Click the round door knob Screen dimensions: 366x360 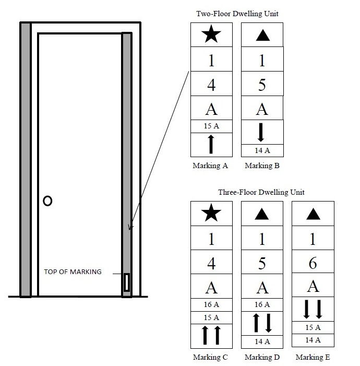[47, 201]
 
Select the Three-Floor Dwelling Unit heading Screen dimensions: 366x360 [261, 192]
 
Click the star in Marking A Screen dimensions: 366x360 [211, 36]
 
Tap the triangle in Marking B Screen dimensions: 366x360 [262, 36]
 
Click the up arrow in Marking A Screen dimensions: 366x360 [211, 144]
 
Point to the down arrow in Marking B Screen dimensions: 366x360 [262, 132]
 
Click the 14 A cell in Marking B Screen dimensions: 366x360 [262, 151]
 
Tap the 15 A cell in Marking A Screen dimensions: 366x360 [211, 126]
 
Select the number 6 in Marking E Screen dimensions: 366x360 [313, 263]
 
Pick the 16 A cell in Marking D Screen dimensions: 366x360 [262, 304]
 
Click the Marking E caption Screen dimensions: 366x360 [313, 358]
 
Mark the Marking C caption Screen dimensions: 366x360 [211, 358]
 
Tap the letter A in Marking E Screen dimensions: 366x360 [313, 286]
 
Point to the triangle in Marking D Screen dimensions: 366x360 [262, 214]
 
